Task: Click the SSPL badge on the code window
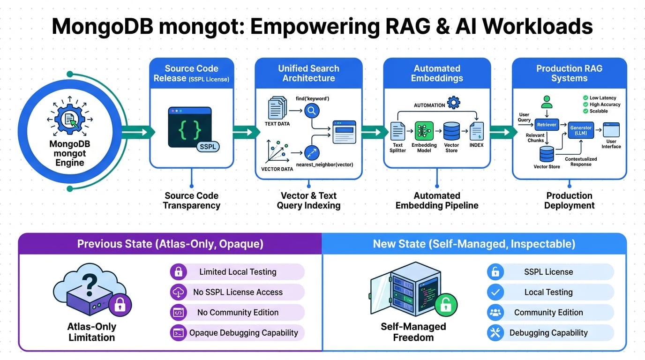tap(207, 146)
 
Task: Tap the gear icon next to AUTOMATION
tap(453, 103)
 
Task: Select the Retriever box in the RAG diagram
tap(547, 125)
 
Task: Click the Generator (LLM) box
tap(581, 130)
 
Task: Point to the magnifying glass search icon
tap(312, 111)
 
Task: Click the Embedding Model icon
tap(424, 131)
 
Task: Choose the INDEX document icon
tap(476, 131)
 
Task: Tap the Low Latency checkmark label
tap(602, 98)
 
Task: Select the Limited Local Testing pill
tap(237, 272)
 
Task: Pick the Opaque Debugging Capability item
tap(237, 333)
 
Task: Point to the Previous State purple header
tap(170, 244)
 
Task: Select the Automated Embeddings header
tap(437, 73)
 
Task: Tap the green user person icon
tap(547, 102)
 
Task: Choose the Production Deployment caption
tap(569, 200)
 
